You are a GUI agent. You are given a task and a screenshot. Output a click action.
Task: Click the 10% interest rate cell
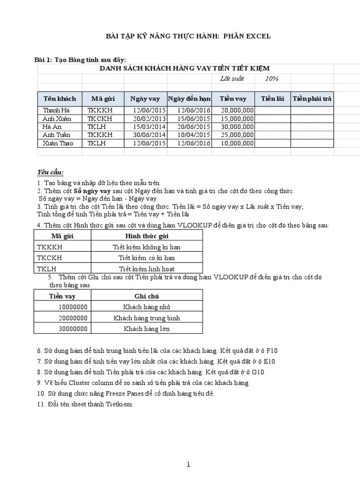[x=271, y=78]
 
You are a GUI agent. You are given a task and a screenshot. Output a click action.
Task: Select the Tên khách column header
[x=56, y=99]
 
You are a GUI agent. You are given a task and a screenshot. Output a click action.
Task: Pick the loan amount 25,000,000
[x=237, y=135]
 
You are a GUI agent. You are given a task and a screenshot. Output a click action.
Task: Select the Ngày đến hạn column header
[x=189, y=99]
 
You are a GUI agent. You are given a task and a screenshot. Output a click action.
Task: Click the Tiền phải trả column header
[x=312, y=99]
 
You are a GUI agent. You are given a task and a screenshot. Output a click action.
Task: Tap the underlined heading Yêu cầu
[x=50, y=172]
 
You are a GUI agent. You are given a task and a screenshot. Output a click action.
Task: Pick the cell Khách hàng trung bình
[x=146, y=318]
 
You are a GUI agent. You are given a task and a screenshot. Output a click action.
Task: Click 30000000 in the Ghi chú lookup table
[x=73, y=329]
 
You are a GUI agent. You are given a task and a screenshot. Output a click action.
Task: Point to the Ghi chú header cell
[x=146, y=296]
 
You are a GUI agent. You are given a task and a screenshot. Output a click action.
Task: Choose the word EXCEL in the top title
[x=255, y=36]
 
